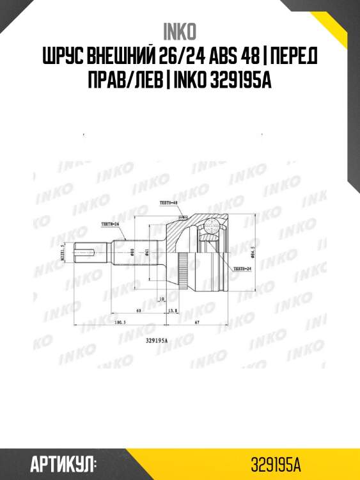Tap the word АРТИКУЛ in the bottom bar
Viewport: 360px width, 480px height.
63,463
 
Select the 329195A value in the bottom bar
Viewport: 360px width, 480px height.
276,463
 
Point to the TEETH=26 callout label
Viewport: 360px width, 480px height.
111,224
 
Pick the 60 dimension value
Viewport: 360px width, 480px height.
138,310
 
